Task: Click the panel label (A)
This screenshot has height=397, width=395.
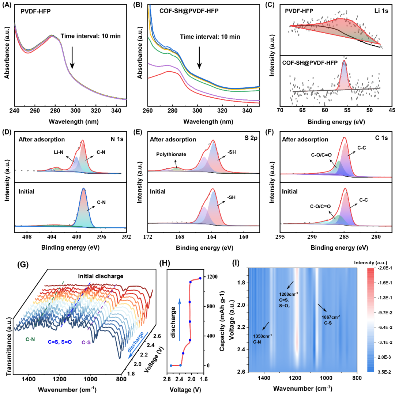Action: (x=8, y=5)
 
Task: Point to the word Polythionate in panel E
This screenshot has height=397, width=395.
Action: (x=171, y=154)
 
